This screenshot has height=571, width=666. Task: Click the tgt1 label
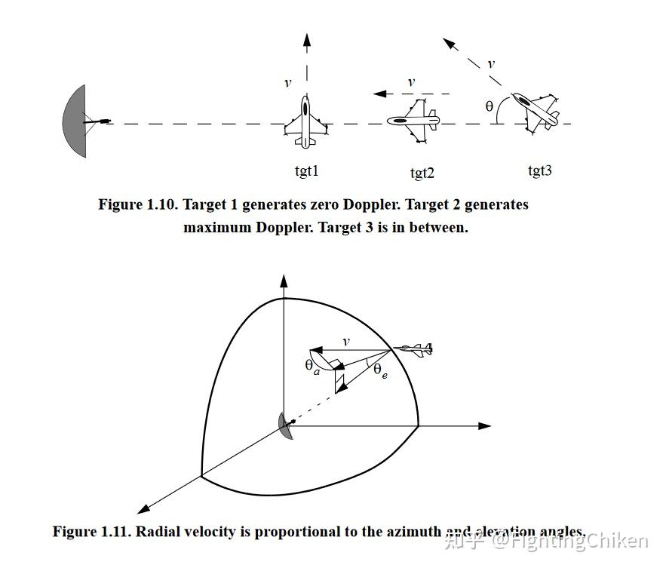point(306,171)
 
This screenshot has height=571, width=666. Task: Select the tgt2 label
point(422,173)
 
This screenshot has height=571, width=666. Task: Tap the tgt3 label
point(539,170)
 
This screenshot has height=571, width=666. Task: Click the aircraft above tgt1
point(305,123)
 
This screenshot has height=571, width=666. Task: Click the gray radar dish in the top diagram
point(76,121)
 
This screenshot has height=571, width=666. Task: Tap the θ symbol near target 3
point(490,106)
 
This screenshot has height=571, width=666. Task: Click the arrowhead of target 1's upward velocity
point(305,39)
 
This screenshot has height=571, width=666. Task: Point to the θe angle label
point(381,370)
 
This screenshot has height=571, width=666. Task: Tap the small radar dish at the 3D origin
point(285,425)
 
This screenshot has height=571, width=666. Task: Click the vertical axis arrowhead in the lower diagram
point(284,281)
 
